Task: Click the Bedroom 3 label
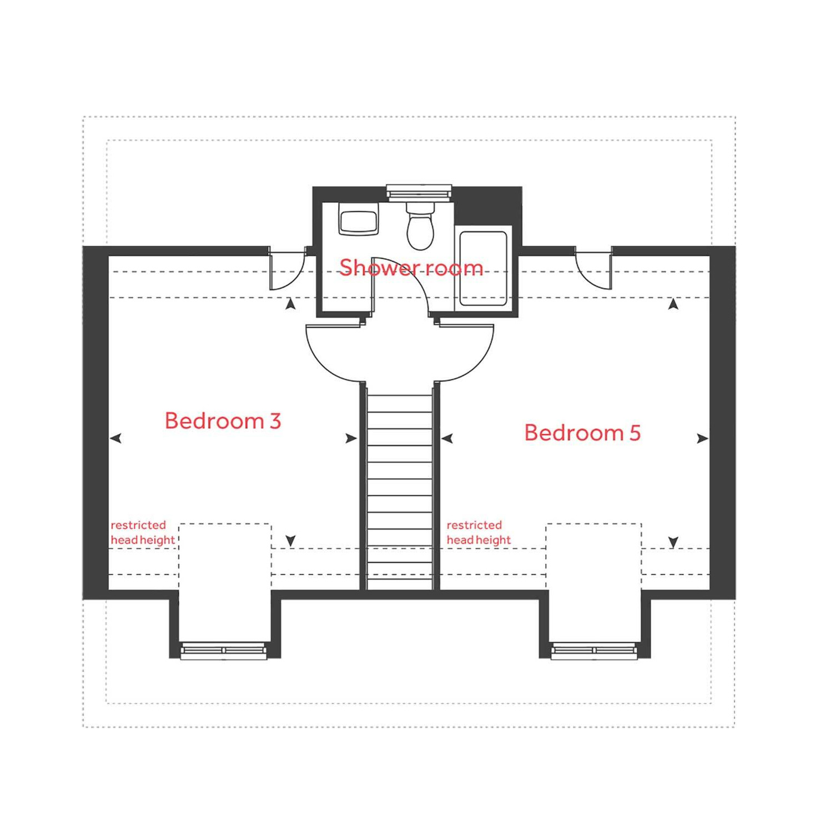[223, 421]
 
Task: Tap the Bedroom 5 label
[582, 432]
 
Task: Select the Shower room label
[411, 268]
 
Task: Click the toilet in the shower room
[420, 228]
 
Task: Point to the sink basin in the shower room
[359, 221]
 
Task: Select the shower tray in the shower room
[483, 268]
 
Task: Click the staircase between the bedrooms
[400, 489]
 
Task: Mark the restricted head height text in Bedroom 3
[142, 532]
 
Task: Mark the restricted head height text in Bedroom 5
[478, 532]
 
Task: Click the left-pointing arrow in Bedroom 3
[115, 438]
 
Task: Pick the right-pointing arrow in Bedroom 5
[702, 438]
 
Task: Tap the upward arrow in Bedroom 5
[673, 304]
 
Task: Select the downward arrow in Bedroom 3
[290, 540]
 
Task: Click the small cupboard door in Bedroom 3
[286, 269]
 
